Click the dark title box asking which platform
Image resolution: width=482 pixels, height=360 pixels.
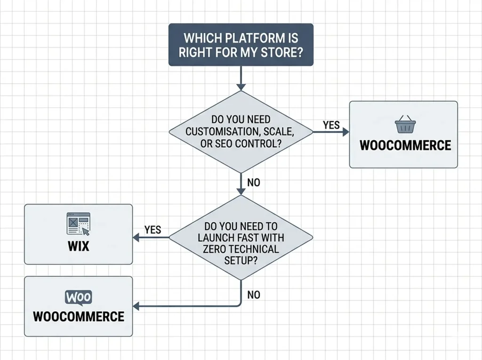tap(241, 44)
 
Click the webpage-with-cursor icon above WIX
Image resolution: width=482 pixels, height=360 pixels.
tap(78, 224)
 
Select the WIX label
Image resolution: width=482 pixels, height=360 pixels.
tap(78, 246)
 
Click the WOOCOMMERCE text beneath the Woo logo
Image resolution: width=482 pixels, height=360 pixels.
tap(79, 316)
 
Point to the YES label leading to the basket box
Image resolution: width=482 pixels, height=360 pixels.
tap(331, 125)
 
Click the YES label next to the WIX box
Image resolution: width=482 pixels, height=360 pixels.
tap(153, 230)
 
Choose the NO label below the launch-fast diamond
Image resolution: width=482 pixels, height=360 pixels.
tap(254, 295)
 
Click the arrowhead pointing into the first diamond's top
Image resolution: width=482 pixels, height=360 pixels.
tap(241, 87)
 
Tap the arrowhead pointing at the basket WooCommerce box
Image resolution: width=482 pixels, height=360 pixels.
tap(345, 132)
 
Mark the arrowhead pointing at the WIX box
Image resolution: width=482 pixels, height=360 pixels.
tap(137, 238)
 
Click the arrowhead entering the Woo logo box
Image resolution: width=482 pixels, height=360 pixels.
tap(137, 306)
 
